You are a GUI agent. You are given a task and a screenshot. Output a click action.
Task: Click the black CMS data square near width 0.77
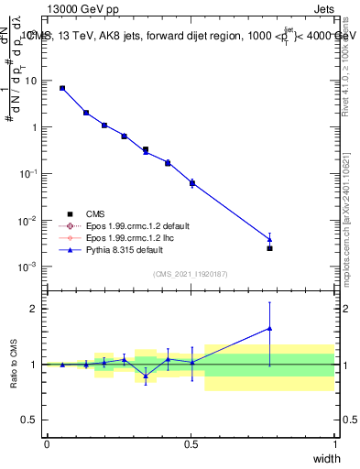(x=269, y=248)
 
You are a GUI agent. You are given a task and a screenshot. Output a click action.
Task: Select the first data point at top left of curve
(x=62, y=88)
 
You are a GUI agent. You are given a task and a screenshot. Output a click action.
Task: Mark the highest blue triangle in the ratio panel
(x=269, y=328)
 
